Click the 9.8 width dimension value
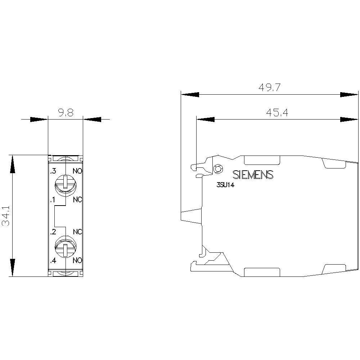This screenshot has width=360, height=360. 65,113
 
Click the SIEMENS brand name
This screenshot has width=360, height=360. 253,175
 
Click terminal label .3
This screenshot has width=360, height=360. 53,171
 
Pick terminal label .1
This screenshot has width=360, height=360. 53,200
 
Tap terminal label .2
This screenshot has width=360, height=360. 53,231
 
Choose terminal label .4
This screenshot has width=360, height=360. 53,260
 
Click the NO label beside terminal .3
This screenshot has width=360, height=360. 78,171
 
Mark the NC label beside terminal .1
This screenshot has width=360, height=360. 78,200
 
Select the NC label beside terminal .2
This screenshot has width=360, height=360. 78,231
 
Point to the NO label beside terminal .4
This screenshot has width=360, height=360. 78,260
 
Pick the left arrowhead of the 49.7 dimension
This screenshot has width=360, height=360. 189,94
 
